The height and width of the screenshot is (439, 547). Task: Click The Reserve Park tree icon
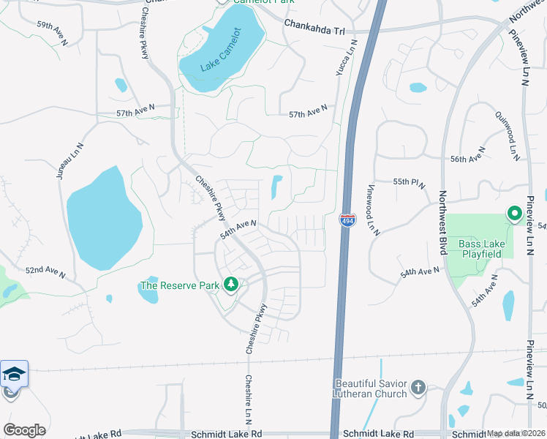click(x=231, y=284)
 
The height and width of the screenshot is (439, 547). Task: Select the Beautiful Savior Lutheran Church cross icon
click(x=418, y=387)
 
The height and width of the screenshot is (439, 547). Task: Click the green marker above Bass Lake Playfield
click(x=514, y=214)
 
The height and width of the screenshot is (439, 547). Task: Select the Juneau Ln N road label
click(x=72, y=166)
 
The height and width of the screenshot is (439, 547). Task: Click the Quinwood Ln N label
click(x=507, y=135)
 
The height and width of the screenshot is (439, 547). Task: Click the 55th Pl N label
click(x=410, y=184)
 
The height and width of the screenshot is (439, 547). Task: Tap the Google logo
click(x=24, y=430)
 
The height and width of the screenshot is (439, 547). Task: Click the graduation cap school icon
click(x=14, y=374)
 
